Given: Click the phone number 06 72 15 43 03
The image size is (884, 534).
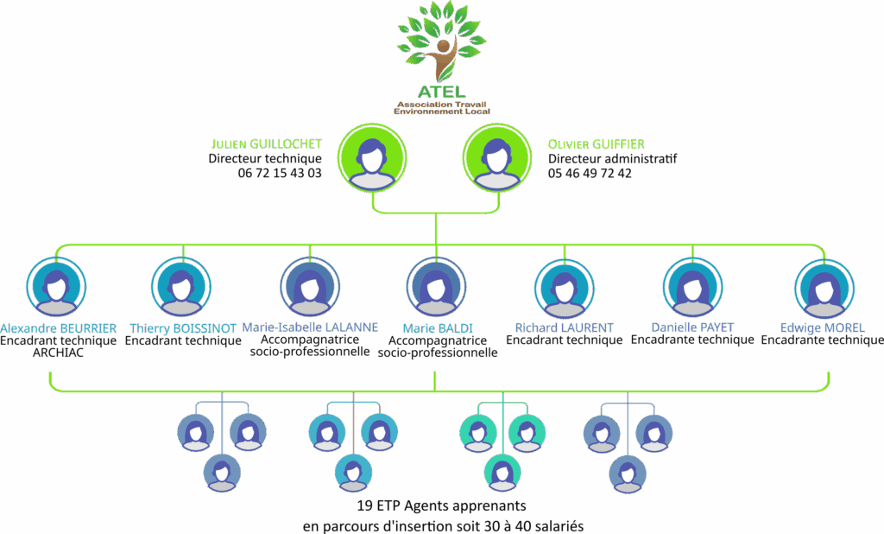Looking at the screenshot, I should coord(280,173).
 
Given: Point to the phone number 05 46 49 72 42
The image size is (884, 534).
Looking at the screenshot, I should coord(590,173).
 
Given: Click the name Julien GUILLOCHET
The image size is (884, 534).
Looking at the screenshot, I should coord(266,143).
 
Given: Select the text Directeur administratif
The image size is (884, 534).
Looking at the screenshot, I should coord(612,159).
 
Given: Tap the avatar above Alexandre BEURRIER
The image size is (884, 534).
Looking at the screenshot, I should coord(56,288).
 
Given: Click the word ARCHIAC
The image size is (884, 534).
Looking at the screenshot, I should coord(58,353).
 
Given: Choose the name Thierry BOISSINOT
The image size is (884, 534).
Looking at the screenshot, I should coord(182,328).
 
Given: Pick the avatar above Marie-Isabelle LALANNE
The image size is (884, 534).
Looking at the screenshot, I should coord(310,288).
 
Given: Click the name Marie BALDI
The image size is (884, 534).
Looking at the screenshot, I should coord(437,328).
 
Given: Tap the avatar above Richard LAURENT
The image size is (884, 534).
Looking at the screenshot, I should coord(564,288).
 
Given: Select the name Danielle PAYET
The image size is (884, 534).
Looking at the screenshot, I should coord(692,327).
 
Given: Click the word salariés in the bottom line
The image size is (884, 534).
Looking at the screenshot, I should coord(562,524).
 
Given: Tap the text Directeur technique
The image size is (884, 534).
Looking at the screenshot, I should coord(265,159).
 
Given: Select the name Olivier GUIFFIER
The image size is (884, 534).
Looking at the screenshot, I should coord(597,143).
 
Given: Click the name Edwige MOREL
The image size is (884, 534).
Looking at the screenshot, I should coord(822,327).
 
